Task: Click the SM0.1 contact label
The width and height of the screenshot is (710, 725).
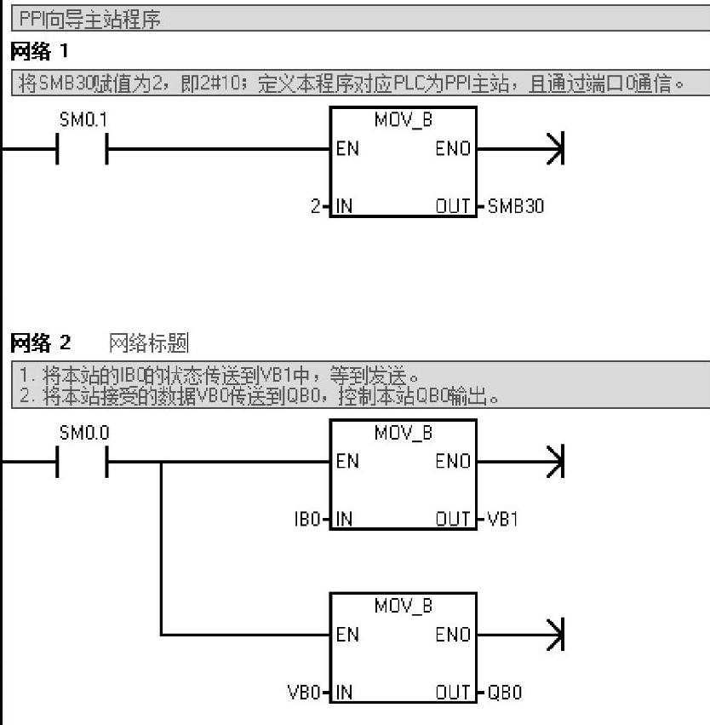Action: point(83,120)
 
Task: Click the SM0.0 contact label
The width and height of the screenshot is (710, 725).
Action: point(83,433)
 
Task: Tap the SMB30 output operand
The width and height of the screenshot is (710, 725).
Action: point(515,206)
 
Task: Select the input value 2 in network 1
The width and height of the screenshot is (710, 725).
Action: point(316,206)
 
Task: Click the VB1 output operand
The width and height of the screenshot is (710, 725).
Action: point(502,519)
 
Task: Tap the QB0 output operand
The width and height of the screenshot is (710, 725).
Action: point(504,693)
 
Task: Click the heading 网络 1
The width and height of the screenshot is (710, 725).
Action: point(38,53)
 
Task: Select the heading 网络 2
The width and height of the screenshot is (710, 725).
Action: point(40,343)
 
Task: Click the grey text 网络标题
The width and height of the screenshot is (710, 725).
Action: point(149,343)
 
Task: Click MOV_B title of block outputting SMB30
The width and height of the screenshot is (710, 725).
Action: point(403,120)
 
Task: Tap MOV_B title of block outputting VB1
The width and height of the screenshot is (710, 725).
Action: point(403,433)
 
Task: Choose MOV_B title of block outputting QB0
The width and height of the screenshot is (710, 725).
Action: point(403,607)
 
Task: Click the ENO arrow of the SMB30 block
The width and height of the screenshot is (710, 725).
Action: point(555,149)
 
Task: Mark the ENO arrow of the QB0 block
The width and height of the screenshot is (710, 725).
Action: point(555,635)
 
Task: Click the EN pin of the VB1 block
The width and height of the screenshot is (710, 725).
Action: point(347,462)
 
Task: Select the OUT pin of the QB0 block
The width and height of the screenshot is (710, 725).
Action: point(453,693)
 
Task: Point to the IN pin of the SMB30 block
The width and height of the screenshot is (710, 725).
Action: point(344,206)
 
